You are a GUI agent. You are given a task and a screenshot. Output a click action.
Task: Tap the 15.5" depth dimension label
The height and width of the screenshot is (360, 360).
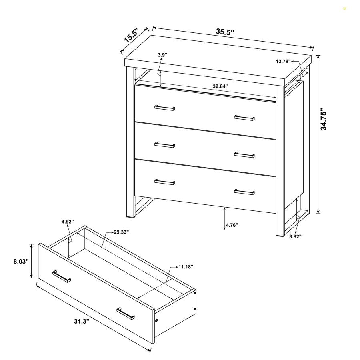(x=131, y=36)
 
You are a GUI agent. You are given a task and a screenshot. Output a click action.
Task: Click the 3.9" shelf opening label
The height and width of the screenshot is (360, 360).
(x=162, y=54)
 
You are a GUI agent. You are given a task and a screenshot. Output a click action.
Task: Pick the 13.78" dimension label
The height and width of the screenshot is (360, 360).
(x=283, y=61)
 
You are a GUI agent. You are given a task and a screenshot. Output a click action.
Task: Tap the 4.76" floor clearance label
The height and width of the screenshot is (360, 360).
(x=232, y=225)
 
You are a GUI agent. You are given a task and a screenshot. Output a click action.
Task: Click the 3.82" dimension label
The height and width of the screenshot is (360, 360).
(x=295, y=236)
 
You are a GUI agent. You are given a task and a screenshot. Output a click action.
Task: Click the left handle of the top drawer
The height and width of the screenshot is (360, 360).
(x=165, y=108)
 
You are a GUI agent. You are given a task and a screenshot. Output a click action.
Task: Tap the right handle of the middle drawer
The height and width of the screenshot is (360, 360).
(x=244, y=154)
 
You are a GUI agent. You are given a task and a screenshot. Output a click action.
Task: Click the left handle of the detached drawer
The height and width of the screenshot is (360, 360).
(x=61, y=276)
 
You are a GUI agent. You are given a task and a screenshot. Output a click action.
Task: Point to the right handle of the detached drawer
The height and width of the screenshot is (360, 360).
(x=126, y=314)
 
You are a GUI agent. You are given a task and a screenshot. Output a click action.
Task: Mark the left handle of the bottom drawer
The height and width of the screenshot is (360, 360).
(x=165, y=182)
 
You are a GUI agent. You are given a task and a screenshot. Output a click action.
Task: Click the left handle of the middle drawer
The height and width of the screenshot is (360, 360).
(x=165, y=145)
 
